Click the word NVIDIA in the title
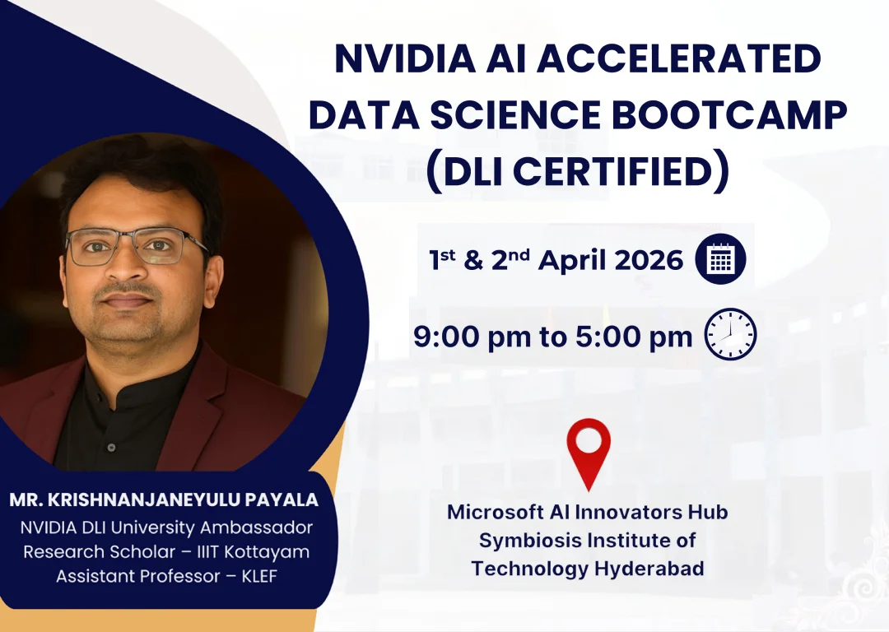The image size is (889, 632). point(405,58)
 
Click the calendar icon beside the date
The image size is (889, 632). point(720,259)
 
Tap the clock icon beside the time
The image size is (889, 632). point(730,334)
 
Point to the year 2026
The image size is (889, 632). point(649,260)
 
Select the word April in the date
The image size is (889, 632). point(572,262)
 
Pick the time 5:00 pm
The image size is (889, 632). point(634,337)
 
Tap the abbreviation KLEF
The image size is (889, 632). point(259,576)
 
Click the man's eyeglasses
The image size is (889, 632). point(136,247)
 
